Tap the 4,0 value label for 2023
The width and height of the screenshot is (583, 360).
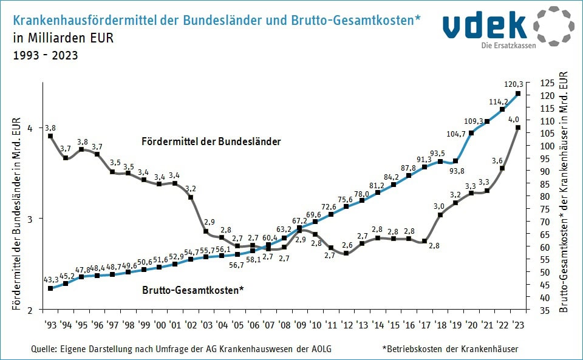tap(514, 119)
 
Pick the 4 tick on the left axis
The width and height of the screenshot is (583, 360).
tap(29, 129)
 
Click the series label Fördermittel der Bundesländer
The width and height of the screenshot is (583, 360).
tap(211, 141)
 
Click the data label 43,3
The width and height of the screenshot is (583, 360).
tap(51, 279)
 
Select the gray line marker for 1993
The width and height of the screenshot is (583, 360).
tap(50, 136)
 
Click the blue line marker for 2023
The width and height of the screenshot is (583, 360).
tap(517, 93)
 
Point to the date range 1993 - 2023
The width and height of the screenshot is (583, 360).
tap(45, 56)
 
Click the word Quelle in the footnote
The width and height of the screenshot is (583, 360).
tap(43, 349)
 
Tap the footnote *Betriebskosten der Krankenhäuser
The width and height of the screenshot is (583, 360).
tap(450, 349)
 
